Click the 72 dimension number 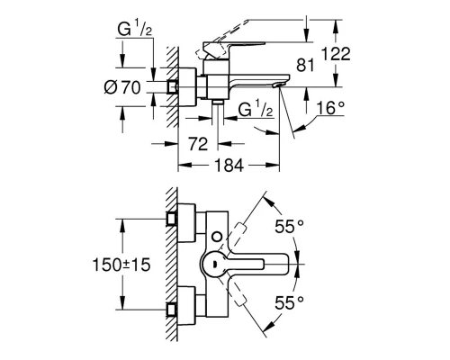click(199, 143)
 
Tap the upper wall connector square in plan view click(174, 219)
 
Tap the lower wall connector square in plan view click(174, 309)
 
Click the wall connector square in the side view click(174, 87)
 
